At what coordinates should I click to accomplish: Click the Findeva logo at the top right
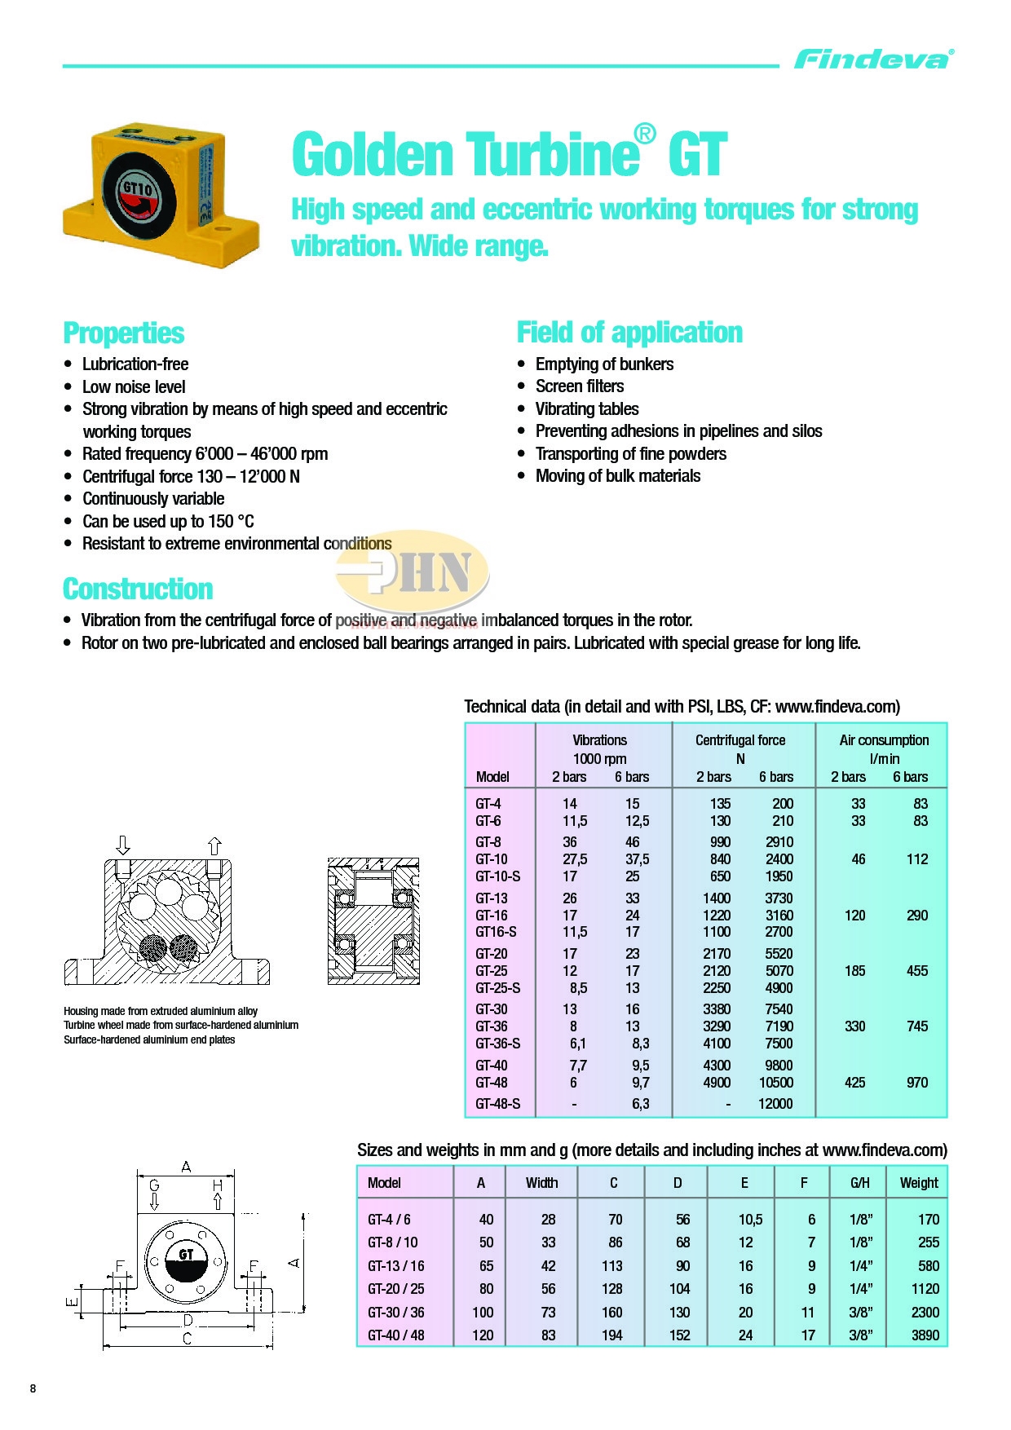[x=873, y=60]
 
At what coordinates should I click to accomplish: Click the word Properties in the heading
[x=124, y=333]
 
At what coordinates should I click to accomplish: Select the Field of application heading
[x=629, y=333]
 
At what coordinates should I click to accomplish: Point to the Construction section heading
[x=138, y=589]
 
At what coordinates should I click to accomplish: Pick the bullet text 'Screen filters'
[x=580, y=386]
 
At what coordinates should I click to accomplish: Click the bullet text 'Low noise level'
[x=134, y=387]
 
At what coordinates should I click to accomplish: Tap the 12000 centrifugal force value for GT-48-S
[x=775, y=1104]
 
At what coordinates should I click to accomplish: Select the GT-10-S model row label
[x=498, y=876]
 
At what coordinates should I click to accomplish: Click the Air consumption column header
[x=884, y=740]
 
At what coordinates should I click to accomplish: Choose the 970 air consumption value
[x=917, y=1083]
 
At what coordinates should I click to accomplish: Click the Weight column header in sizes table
[x=919, y=1183]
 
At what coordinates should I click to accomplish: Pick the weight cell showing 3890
[x=925, y=1335]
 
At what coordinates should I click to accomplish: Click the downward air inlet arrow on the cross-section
[x=123, y=845]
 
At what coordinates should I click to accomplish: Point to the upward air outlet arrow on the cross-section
[x=214, y=845]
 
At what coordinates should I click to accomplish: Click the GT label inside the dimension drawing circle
[x=186, y=1254]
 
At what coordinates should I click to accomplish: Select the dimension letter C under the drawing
[x=187, y=1339]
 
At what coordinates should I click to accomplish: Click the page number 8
[x=33, y=1388]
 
